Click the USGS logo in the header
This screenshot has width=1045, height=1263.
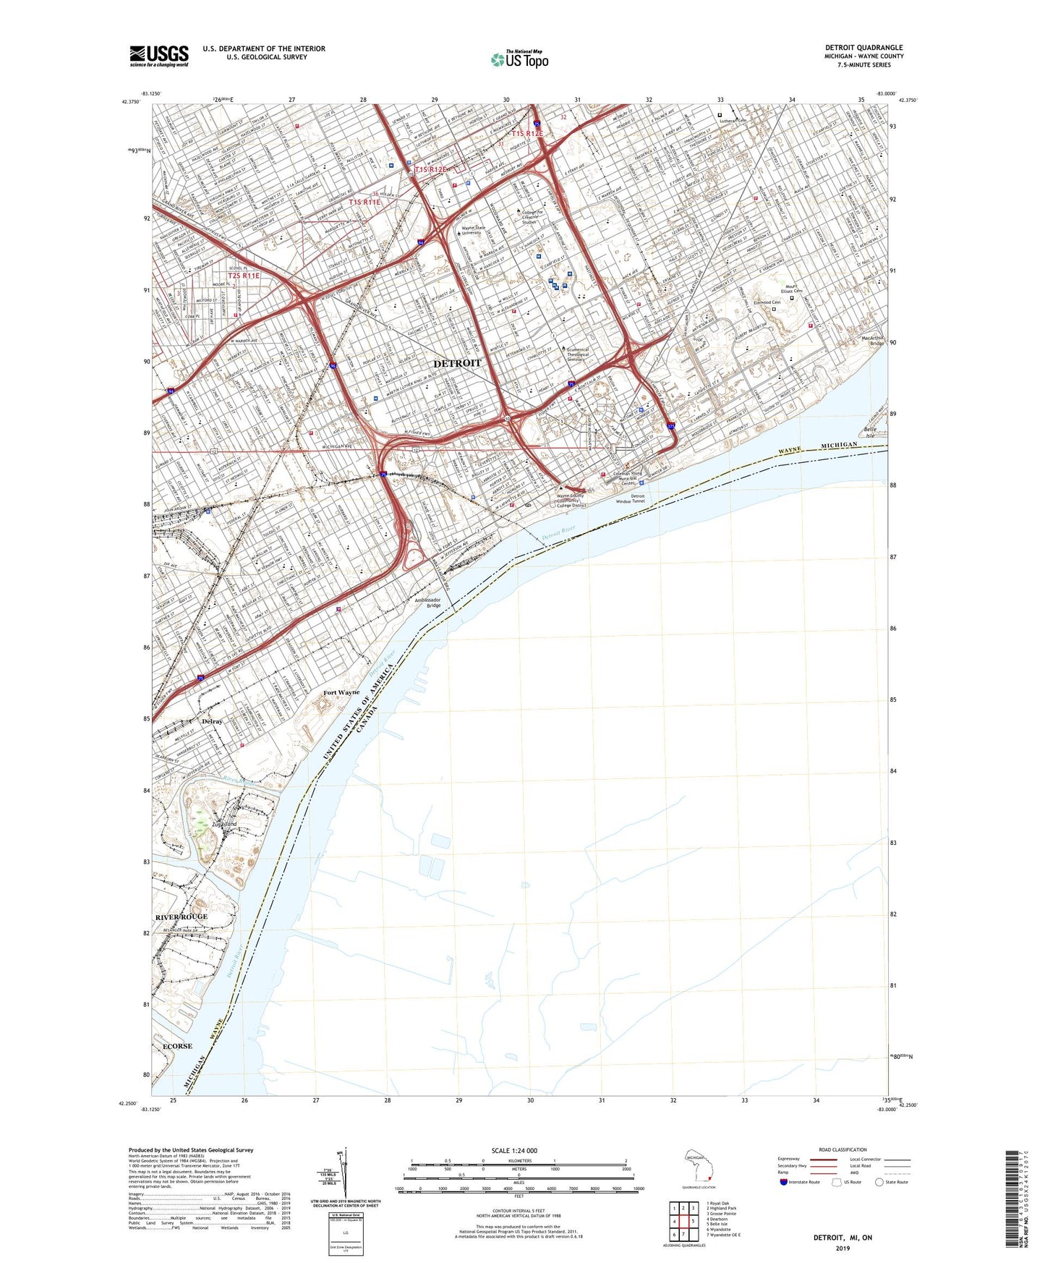coord(159,56)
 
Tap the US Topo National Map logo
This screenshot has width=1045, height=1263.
coord(519,59)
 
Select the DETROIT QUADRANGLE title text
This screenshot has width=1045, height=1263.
coord(863,48)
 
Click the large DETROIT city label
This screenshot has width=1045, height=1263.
coord(456,363)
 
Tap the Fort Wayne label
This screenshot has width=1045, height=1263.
coord(341,693)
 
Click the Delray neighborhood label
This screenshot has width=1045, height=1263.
coord(212,721)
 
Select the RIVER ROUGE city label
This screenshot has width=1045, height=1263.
coord(181,917)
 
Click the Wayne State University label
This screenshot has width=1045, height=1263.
coord(474,231)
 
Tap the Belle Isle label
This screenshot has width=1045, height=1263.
coord(870,433)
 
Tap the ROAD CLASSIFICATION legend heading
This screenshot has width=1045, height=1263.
coord(843,1149)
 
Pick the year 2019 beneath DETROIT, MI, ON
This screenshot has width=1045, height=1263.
coord(843,1248)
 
